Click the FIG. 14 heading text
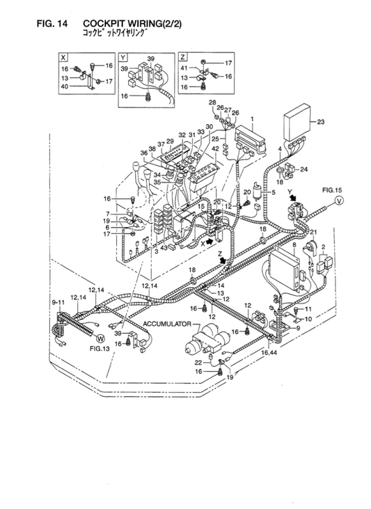(52, 24)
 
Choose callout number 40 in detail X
(64, 88)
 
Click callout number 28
(212, 103)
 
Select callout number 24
(303, 169)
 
